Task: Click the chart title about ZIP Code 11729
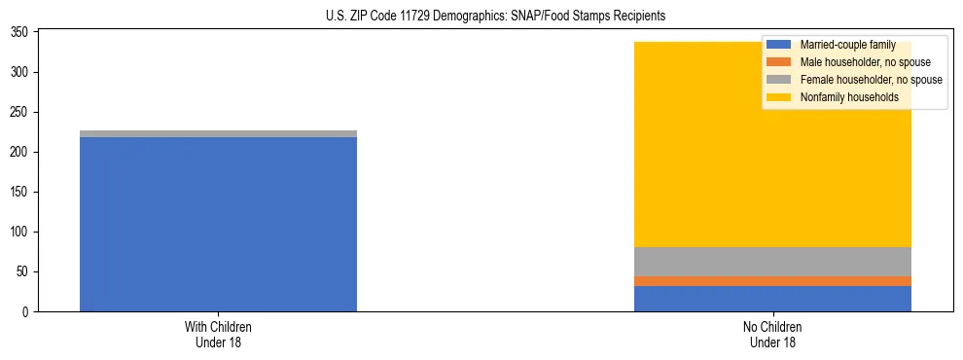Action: pyautogui.click(x=481, y=17)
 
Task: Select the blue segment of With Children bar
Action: pyautogui.click(x=218, y=224)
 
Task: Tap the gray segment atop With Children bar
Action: pyautogui.click(x=218, y=133)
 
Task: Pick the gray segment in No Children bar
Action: pyautogui.click(x=772, y=262)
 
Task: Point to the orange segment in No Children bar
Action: pyautogui.click(x=772, y=281)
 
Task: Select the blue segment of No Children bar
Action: pyautogui.click(x=772, y=299)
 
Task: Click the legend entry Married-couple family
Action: pyautogui.click(x=847, y=45)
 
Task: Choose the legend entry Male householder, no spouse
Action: pyautogui.click(x=851, y=62)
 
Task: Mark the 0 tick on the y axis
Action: pyautogui.click(x=28, y=312)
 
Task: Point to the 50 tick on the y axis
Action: pyautogui.click(x=25, y=272)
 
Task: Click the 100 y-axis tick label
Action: pyautogui.click(x=22, y=233)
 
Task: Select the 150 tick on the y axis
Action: pyautogui.click(x=22, y=193)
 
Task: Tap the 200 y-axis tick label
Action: pyautogui.click(x=22, y=153)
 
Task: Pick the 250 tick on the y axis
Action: pyautogui.click(x=22, y=113)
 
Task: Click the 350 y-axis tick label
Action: pyautogui.click(x=22, y=33)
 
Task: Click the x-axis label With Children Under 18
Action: pyautogui.click(x=218, y=335)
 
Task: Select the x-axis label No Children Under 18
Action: pyautogui.click(x=772, y=335)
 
